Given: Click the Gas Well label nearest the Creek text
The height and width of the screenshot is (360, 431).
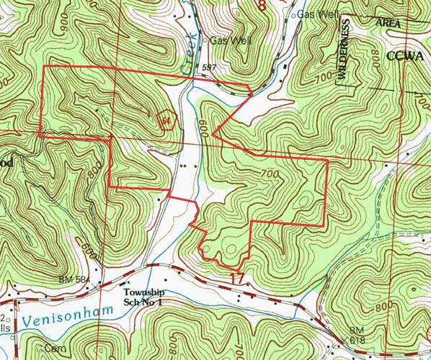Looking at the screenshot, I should (x=229, y=41).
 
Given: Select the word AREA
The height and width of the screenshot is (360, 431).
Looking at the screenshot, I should (x=388, y=24).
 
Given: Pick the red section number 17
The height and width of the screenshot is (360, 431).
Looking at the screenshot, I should (x=237, y=278).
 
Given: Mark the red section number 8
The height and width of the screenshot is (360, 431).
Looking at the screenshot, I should (x=261, y=6).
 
